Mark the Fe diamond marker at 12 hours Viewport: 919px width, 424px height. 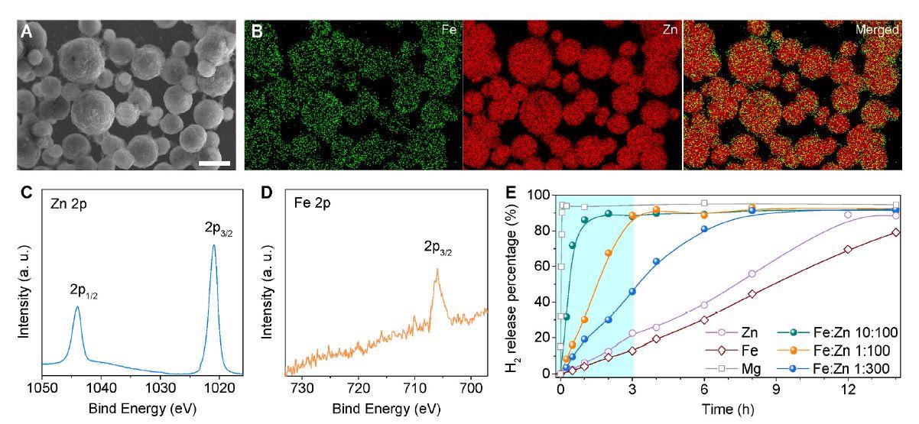click(x=847, y=249)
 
